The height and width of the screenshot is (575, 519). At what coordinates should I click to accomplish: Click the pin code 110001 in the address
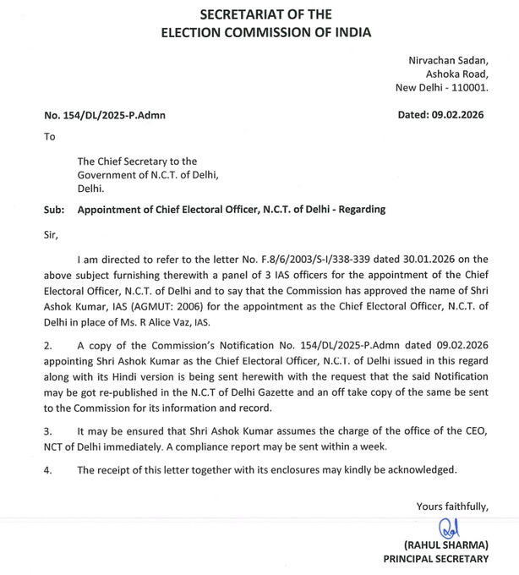coord(468,87)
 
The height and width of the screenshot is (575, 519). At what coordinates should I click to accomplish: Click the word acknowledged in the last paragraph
coord(420,468)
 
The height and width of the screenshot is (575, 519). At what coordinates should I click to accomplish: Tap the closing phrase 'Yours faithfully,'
coord(452,507)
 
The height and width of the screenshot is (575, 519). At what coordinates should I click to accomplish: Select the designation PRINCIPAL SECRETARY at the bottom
coord(435,559)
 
